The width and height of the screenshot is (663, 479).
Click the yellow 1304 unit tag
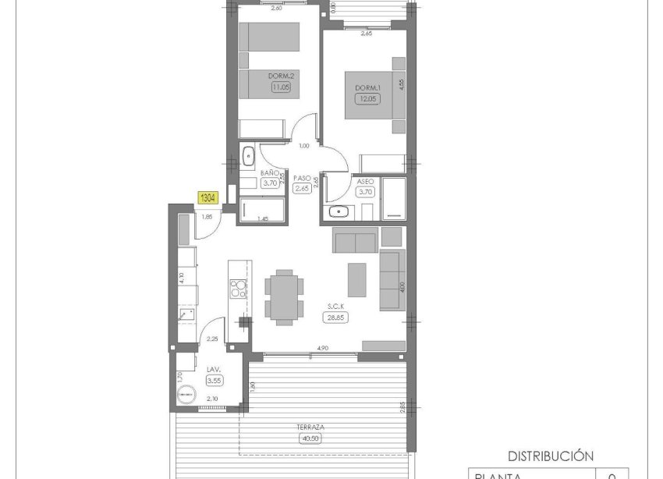[208, 198]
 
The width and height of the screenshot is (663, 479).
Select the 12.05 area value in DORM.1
[366, 99]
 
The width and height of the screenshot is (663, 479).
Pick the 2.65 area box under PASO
[302, 188]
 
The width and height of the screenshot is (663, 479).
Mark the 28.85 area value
[338, 317]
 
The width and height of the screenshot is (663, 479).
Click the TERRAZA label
[310, 428]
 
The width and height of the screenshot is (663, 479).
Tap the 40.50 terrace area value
[310, 438]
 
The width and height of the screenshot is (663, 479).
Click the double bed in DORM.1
[373, 97]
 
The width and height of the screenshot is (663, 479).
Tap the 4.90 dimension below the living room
[321, 348]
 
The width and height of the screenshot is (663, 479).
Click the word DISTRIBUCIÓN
[551, 456]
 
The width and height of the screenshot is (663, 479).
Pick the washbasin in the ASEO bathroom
[339, 211]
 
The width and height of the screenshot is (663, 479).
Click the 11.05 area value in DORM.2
[280, 87]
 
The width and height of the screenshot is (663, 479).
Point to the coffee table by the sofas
[357, 279]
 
